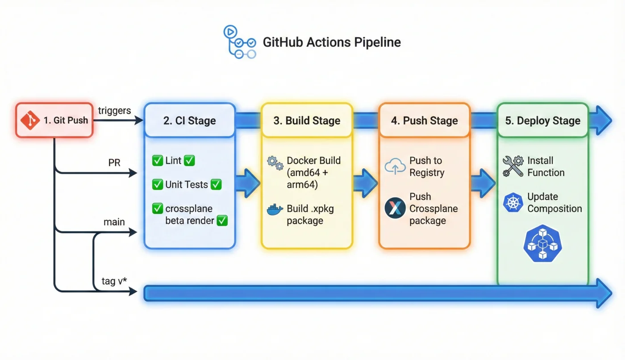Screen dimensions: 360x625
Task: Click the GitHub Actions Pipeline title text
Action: (x=331, y=42)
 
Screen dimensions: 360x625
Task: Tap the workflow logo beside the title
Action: (x=239, y=42)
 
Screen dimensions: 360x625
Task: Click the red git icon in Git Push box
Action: (x=30, y=120)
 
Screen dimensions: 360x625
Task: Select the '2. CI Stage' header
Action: (x=189, y=120)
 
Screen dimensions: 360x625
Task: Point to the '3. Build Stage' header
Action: (x=307, y=120)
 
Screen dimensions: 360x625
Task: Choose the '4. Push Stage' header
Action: (x=424, y=120)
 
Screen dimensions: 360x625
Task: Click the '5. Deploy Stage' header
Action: (x=542, y=120)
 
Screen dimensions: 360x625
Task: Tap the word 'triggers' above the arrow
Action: (x=114, y=110)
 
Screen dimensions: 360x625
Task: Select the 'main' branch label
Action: (x=114, y=222)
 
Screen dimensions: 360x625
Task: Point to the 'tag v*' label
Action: (x=115, y=282)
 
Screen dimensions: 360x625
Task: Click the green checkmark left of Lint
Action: (x=157, y=161)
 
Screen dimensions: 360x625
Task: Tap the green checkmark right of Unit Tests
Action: (x=216, y=184)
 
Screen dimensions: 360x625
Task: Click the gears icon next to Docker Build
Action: (x=275, y=163)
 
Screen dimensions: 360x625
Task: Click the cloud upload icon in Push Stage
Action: (x=395, y=166)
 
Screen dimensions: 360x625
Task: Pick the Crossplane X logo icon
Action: (x=395, y=208)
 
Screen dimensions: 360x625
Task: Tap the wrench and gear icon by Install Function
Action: (x=512, y=166)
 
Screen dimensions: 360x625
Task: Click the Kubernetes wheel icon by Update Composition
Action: (x=512, y=203)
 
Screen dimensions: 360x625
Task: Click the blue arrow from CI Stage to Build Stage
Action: (x=247, y=183)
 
